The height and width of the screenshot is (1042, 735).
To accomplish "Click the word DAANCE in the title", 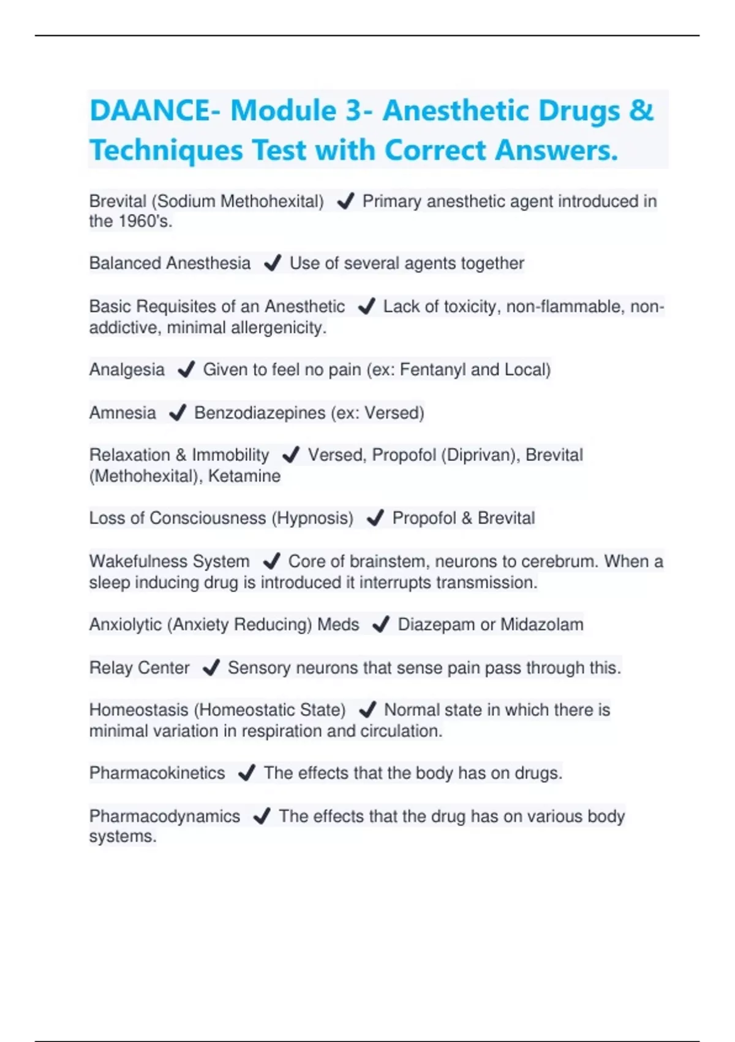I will (x=151, y=111).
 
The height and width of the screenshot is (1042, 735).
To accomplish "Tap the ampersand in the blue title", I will (x=641, y=111).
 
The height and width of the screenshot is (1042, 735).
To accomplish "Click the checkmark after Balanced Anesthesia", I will (x=272, y=264).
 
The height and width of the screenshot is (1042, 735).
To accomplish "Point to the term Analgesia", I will (x=127, y=370).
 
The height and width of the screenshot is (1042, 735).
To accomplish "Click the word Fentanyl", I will (x=432, y=370).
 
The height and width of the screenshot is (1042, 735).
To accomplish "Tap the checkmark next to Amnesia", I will (x=177, y=413).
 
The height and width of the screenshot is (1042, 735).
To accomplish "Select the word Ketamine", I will (x=244, y=476).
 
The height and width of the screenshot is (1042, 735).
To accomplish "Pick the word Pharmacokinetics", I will (x=157, y=773).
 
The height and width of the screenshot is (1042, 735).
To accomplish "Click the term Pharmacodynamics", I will (x=164, y=816).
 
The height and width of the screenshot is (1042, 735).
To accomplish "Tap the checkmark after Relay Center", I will (x=211, y=667).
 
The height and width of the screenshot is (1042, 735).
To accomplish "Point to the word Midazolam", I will (x=541, y=625).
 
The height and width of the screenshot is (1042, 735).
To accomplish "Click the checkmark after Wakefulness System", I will (x=271, y=561).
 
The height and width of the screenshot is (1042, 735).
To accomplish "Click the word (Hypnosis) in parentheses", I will (x=313, y=519).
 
